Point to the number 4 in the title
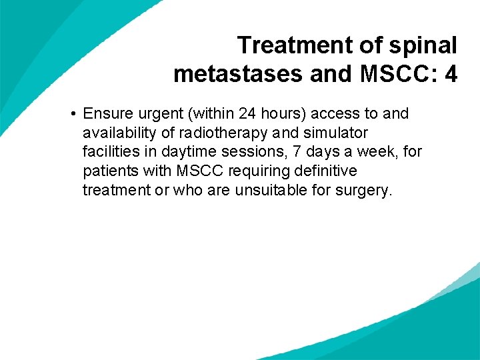pyautogui.click(x=451, y=73)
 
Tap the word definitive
pyautogui.click(x=325, y=171)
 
